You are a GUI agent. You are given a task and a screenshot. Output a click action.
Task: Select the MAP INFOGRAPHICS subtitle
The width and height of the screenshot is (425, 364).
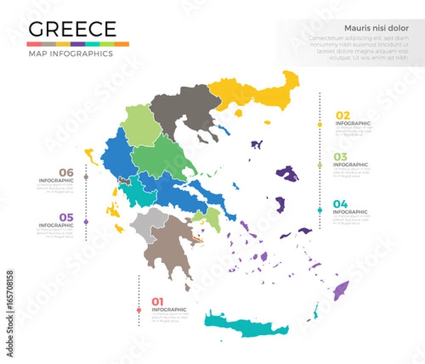pos(69,54)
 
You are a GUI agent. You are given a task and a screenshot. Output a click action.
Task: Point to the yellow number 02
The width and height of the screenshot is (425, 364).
pos(342,115)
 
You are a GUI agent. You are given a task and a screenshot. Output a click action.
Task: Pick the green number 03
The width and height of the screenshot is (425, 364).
pos(341,157)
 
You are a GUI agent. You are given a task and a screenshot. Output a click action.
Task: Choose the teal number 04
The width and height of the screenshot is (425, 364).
pos(341,204)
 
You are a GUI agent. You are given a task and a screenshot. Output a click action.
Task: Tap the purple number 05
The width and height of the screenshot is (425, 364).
pos(66,217)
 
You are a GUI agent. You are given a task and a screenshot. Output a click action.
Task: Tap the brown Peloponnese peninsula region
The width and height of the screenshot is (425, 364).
pos(170,247)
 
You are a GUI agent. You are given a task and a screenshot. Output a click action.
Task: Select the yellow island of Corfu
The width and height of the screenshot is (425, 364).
pos(91,155)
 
